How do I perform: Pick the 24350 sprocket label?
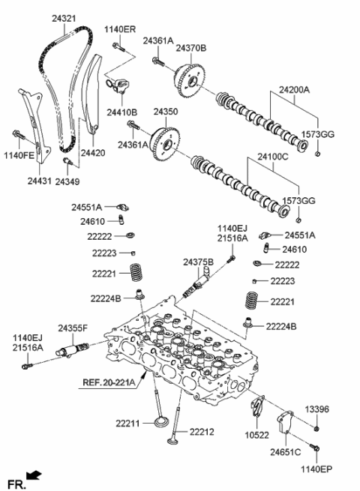166,111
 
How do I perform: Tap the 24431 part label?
39,180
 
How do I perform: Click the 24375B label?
198,262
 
